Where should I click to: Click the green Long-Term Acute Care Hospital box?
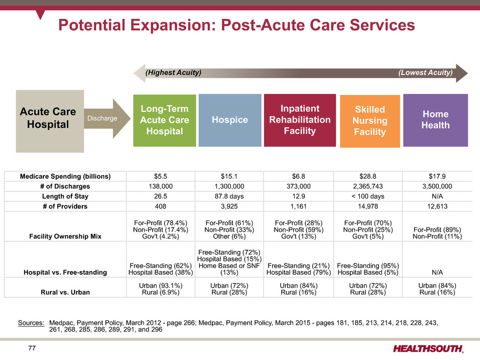point(164,121)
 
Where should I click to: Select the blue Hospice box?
point(230,120)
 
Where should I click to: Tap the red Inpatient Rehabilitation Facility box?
point(300,120)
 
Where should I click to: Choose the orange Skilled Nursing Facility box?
point(369,122)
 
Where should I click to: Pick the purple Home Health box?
point(435,120)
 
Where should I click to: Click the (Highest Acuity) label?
point(174,73)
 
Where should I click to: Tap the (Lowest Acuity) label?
point(425,73)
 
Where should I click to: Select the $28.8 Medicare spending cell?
point(367,176)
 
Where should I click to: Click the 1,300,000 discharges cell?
point(230,186)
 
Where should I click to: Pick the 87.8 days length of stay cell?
point(230,197)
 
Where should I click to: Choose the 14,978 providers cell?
point(367,207)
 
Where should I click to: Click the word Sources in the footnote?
point(31,323)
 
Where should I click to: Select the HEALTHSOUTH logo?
point(428,349)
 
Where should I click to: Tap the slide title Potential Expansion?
point(235,24)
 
